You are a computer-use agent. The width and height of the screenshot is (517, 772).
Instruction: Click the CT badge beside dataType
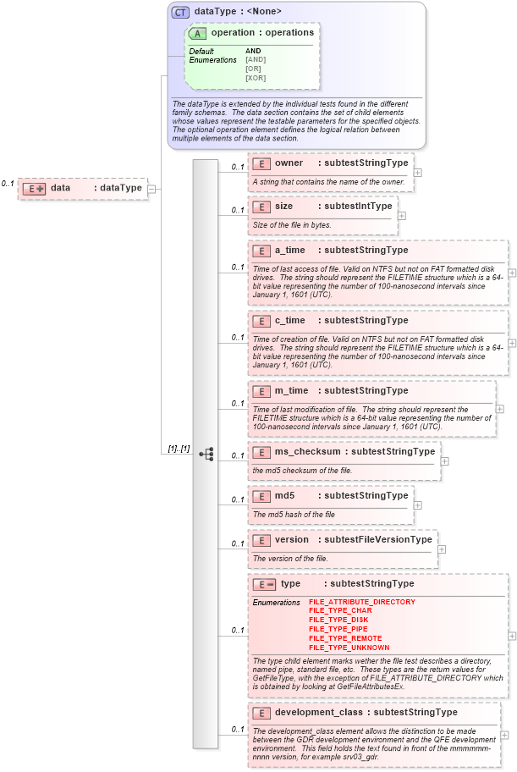(x=180, y=13)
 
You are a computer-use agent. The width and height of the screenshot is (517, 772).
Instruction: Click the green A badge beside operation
(x=197, y=33)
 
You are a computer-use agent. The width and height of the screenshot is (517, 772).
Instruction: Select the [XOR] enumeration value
(x=256, y=78)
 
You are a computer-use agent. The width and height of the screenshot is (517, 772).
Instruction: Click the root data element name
(x=61, y=188)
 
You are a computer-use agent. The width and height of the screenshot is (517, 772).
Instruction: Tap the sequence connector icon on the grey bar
(x=206, y=455)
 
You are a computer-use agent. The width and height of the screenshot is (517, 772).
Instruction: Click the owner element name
(x=289, y=163)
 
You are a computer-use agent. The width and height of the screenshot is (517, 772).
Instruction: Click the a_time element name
(x=290, y=250)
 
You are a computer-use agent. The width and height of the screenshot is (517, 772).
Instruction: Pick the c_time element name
(x=290, y=320)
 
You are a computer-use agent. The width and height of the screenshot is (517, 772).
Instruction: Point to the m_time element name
(x=292, y=390)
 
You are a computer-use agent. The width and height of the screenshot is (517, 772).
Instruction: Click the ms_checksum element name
(x=305, y=451)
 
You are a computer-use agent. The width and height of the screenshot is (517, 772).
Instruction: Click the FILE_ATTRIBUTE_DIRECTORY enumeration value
(x=361, y=601)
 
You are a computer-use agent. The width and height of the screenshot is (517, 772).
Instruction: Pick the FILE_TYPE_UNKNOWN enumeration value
(x=349, y=648)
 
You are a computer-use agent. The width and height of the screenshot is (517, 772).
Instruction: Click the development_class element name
(x=318, y=712)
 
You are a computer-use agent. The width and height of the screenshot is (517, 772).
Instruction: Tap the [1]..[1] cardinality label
(x=179, y=448)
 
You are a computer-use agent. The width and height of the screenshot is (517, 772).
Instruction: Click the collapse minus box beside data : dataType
(x=151, y=189)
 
